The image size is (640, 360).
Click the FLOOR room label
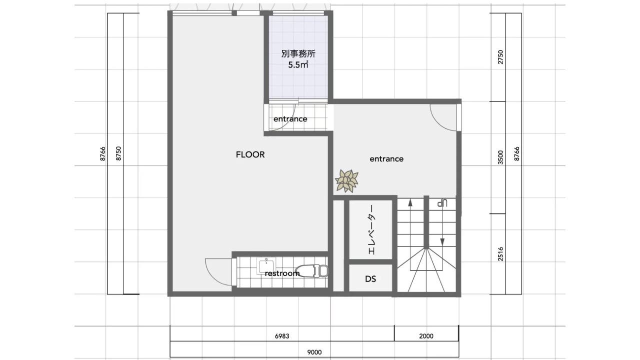point(250,154)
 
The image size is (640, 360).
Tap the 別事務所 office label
point(298,53)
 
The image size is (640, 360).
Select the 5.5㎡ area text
point(298,65)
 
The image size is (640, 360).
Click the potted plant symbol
point(346,180)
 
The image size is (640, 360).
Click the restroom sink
point(266,266)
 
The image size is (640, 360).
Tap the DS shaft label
point(370,279)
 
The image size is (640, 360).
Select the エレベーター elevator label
point(371,229)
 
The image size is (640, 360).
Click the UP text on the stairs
point(442,203)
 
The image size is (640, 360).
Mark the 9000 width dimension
point(314,352)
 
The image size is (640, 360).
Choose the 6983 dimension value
point(282,336)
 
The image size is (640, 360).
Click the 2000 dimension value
point(426,336)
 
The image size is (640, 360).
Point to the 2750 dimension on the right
point(500,57)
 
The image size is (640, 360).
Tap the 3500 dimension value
point(500,157)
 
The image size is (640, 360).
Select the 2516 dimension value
point(500,254)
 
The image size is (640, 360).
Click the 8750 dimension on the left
point(118,153)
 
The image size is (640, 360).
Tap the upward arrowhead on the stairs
point(410,202)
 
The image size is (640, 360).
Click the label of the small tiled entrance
point(290,119)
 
